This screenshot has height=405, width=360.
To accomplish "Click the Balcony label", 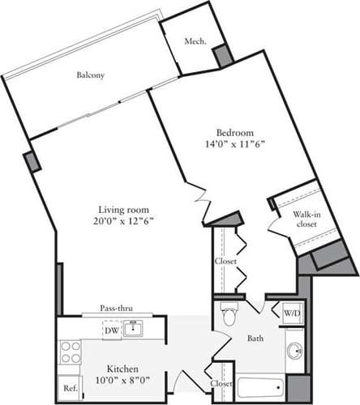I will click(x=91, y=75).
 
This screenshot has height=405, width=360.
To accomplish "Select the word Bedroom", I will click(x=235, y=133).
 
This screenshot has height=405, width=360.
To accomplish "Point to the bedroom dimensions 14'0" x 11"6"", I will click(x=235, y=145).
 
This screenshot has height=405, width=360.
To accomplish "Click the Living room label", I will click(x=123, y=206).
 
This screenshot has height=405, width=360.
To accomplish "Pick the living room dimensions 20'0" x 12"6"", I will click(x=123, y=219).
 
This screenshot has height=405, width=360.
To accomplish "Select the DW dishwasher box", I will click(x=112, y=329).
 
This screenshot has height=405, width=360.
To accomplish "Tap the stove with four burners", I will click(x=70, y=352).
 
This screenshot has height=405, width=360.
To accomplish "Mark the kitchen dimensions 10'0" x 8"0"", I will click(x=115, y=380).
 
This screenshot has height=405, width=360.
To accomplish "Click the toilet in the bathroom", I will click(x=228, y=313).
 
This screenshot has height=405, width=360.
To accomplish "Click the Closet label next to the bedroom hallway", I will click(x=225, y=262).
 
